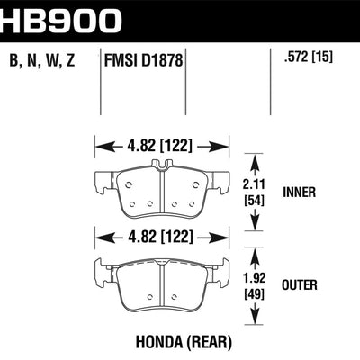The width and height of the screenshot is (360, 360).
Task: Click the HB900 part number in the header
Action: [61, 20]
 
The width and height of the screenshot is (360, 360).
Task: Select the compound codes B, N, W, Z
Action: [42, 60]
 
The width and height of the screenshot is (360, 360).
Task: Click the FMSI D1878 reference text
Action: [143, 60]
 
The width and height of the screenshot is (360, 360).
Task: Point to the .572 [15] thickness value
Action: [308, 56]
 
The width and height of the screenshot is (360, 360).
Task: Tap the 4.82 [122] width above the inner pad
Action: [159, 146]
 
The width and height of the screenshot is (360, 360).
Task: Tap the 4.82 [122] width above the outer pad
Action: [159, 237]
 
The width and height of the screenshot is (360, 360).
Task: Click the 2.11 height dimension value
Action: [255, 184]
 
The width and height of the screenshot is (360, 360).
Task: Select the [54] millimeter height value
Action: [255, 201]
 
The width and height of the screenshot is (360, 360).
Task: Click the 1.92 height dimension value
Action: [255, 278]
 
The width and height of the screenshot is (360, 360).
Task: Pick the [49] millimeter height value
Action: [255, 294]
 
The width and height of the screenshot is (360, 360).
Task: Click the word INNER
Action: [299, 192]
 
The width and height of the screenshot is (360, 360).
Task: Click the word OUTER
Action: [300, 285]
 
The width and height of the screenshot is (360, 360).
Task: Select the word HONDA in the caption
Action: [159, 342]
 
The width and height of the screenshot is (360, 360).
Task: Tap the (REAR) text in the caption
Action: [209, 342]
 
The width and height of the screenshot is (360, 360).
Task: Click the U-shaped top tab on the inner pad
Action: [161, 165]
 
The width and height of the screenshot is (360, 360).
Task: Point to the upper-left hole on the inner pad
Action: [129, 184]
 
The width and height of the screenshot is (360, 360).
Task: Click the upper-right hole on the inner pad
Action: [195, 184]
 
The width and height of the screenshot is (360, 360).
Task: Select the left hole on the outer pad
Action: [150, 297]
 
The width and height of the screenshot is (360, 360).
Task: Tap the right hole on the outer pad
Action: [174, 297]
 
